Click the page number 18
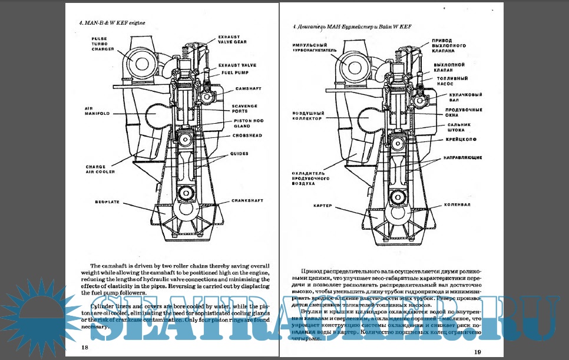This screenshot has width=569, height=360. tap(85, 347)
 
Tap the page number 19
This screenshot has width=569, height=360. tap(478, 352)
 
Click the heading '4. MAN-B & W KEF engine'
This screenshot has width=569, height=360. tap(112, 22)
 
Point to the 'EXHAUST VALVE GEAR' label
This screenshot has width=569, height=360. tap(231, 39)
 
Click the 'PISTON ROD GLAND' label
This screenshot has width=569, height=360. tap(232, 124)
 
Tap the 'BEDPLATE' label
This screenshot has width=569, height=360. tap(107, 202)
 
